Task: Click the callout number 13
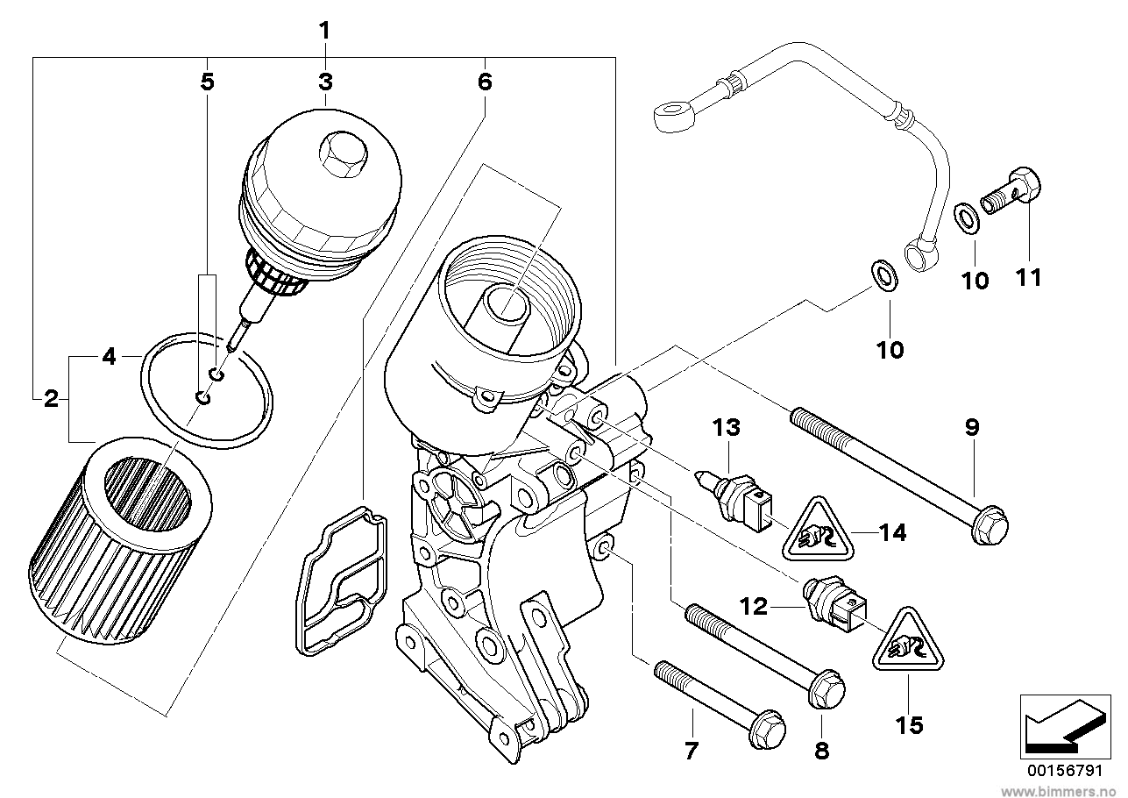coord(726,428)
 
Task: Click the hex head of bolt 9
coord(990,525)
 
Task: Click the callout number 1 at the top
coord(324,31)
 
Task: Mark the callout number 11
coord(1027,278)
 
